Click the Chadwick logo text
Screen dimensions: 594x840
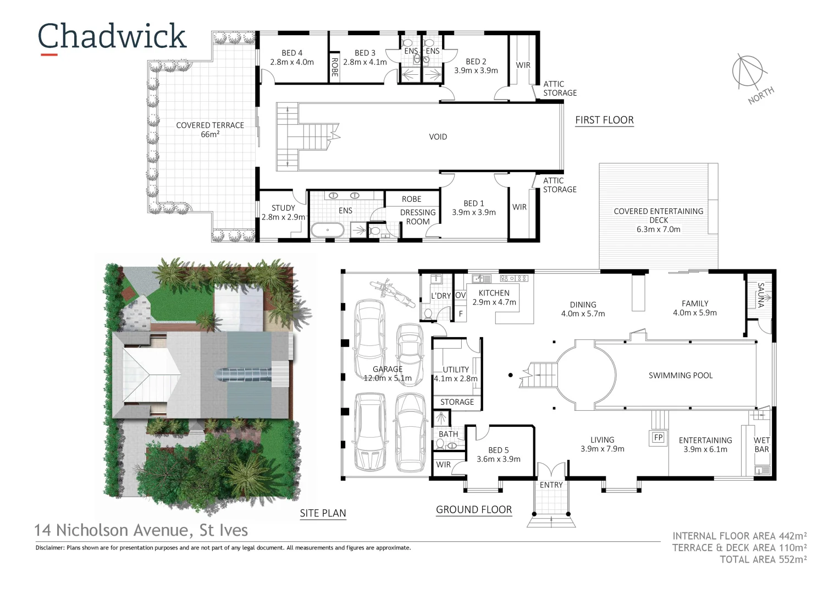112,36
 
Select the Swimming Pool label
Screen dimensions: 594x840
680,376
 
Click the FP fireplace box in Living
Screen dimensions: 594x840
657,438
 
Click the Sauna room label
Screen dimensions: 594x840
761,295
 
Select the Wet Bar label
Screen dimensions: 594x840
761,444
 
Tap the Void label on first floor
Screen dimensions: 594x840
438,137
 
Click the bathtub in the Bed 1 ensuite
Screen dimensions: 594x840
328,230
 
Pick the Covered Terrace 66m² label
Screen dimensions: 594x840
210,130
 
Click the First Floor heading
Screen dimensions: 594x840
604,120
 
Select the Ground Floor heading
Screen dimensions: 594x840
473,510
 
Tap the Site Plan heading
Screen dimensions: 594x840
323,514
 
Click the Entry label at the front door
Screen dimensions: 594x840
551,485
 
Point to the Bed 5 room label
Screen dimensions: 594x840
498,454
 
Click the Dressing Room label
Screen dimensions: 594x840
418,217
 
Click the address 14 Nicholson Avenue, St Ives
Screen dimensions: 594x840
141,530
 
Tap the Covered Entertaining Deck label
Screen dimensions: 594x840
658,220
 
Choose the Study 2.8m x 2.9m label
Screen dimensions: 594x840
283,212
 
